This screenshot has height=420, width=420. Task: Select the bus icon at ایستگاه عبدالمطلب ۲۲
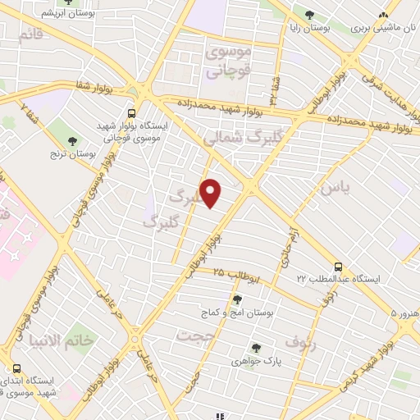[x=338, y=267]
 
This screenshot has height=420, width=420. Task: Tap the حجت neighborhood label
[x=199, y=336]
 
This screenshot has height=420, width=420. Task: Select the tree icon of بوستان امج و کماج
[x=238, y=299]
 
